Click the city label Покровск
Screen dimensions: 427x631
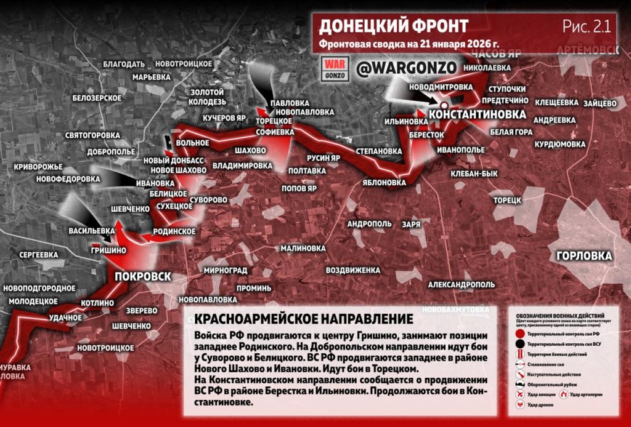point(142,276)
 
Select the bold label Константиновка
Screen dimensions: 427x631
point(477,114)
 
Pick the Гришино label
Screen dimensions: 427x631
point(108,250)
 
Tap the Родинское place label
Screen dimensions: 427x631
point(174,231)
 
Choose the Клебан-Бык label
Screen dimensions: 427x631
point(474,174)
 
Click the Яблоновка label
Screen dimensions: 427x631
point(385,183)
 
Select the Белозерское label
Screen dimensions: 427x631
point(97,98)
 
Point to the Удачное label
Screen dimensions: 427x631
point(66,317)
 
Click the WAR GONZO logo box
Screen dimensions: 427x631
point(336,68)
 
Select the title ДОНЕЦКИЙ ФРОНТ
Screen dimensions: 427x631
point(394,26)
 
